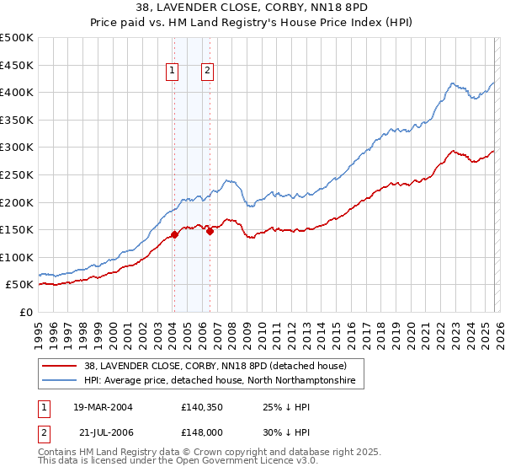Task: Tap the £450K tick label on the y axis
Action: pyautogui.click(x=17, y=65)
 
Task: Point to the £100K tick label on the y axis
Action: pyautogui.click(x=17, y=257)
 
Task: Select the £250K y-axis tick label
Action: pyautogui.click(x=17, y=174)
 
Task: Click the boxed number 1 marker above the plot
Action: pyautogui.click(x=173, y=72)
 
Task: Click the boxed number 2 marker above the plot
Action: pyautogui.click(x=206, y=72)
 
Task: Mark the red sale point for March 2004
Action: pyautogui.click(x=174, y=235)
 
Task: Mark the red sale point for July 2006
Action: pyautogui.click(x=210, y=231)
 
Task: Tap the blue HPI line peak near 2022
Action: pyautogui.click(x=453, y=83)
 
